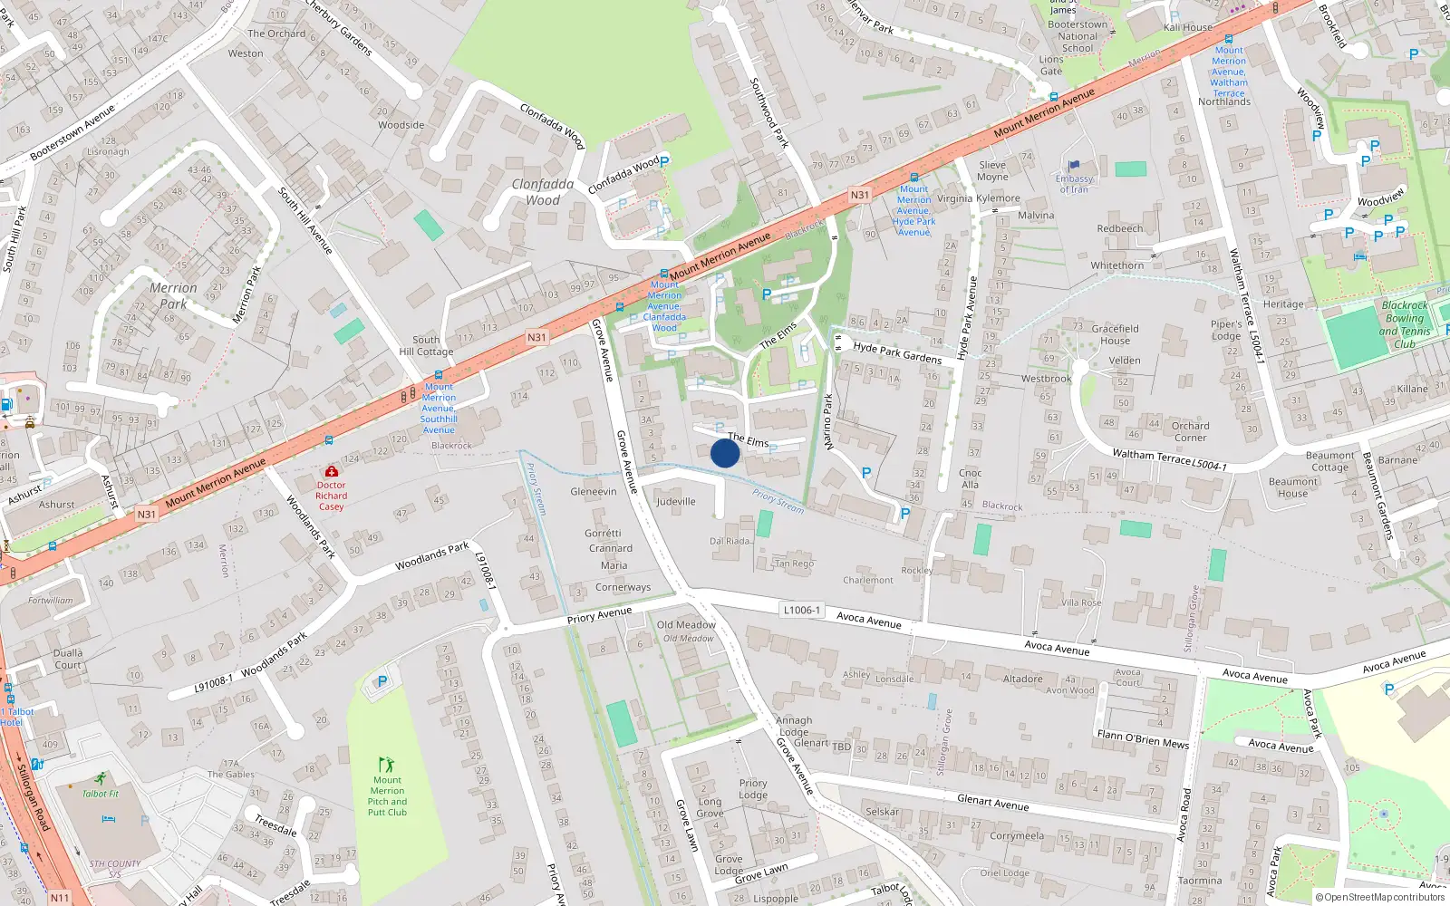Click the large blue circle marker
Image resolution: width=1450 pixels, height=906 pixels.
pyautogui.click(x=725, y=453)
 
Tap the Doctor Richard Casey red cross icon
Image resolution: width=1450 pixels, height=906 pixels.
pyautogui.click(x=332, y=472)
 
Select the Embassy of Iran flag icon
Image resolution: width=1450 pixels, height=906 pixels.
pyautogui.click(x=1075, y=166)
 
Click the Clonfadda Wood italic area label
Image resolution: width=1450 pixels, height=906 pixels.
pyautogui.click(x=542, y=192)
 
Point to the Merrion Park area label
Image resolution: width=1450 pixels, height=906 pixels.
pyautogui.click(x=172, y=295)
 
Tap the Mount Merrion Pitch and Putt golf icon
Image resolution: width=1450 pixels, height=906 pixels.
pyautogui.click(x=387, y=765)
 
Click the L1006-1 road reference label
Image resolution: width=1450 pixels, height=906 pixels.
pyautogui.click(x=801, y=610)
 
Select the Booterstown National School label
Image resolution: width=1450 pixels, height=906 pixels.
pyautogui.click(x=1077, y=36)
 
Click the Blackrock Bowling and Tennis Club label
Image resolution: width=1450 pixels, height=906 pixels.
pyautogui.click(x=1404, y=324)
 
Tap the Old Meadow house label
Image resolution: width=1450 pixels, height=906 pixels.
pyautogui.click(x=686, y=624)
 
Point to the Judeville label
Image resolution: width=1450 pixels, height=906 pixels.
pyautogui.click(x=675, y=501)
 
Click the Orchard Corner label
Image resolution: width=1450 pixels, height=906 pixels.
pyautogui.click(x=1190, y=431)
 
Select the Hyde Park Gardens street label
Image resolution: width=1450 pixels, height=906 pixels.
pyautogui.click(x=896, y=352)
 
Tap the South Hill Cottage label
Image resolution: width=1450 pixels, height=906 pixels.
pyautogui.click(x=426, y=346)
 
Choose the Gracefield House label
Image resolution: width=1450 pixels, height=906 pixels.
pyautogui.click(x=1115, y=334)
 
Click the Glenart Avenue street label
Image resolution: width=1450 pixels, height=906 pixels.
pyautogui.click(x=992, y=802)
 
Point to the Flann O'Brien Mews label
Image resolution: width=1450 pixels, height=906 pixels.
pyautogui.click(x=1142, y=738)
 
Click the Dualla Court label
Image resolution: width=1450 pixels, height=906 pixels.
pyautogui.click(x=68, y=659)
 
